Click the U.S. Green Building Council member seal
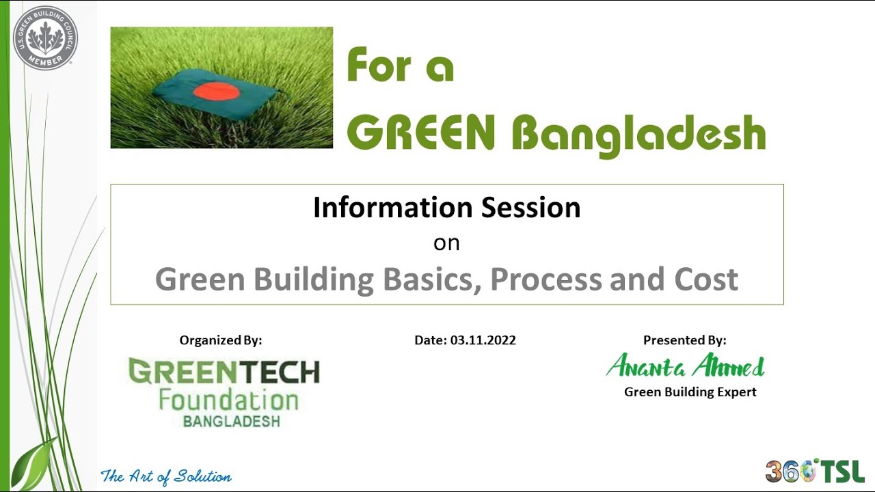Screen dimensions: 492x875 click(x=45, y=38)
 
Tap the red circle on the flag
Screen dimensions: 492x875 click(x=214, y=91)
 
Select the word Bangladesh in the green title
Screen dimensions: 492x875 click(x=638, y=134)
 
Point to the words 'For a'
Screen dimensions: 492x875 click(x=400, y=66)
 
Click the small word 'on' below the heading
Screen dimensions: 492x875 click(x=446, y=243)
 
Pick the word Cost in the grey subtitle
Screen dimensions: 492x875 click(x=706, y=279)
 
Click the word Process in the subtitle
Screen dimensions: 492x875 click(x=545, y=279)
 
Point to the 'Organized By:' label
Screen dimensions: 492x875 click(x=220, y=340)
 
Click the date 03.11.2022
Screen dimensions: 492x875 click(x=483, y=340)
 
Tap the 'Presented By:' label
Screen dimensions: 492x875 click(x=684, y=340)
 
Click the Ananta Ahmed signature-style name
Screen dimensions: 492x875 click(x=685, y=367)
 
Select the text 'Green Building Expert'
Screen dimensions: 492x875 click(x=690, y=392)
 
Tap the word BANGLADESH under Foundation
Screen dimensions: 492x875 click(x=231, y=421)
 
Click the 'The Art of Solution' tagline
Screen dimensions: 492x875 click(x=166, y=476)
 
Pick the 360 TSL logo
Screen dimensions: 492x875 click(x=815, y=471)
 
